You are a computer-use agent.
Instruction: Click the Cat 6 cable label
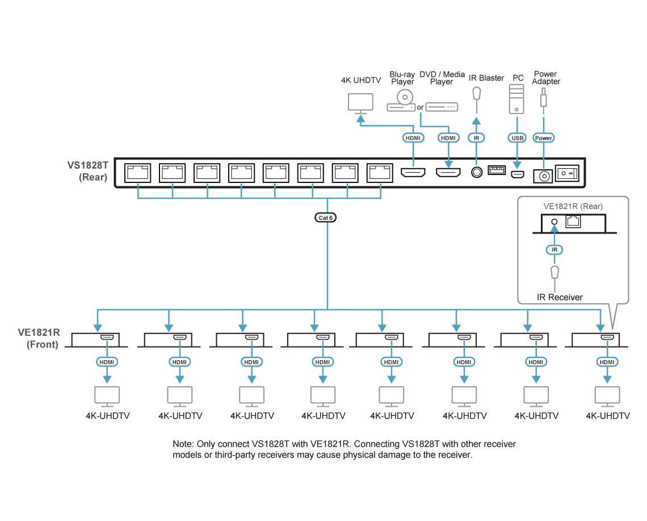326,218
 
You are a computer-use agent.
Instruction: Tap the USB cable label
518,138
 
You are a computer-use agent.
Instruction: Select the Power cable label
544,138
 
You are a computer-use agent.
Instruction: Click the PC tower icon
516,99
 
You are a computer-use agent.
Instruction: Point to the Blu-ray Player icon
401,101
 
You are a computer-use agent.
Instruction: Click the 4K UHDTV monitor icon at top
360,103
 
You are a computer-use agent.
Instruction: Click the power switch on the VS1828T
567,173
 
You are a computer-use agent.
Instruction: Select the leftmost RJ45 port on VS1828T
138,173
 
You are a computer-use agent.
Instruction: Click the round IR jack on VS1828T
477,172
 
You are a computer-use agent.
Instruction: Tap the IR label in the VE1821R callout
554,249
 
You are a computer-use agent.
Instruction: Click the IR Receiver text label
560,297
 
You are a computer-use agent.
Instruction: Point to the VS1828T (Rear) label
87,171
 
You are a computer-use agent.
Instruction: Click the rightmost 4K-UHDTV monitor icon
607,397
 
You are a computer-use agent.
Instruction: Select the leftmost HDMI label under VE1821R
107,362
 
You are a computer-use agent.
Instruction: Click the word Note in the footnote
183,444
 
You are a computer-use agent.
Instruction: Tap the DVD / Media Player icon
442,107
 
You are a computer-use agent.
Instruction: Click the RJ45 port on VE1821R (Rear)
573,222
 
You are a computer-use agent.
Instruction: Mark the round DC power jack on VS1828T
544,177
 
